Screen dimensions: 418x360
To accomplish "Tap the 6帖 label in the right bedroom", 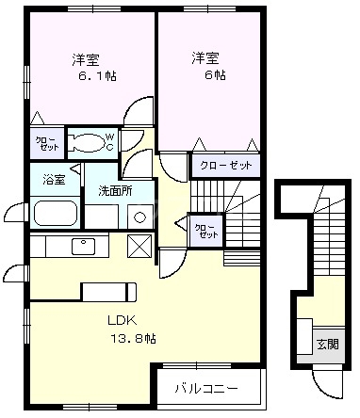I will (x=209, y=74).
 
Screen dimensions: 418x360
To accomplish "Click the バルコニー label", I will (x=205, y=387).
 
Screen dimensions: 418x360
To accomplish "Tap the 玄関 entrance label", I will (x=326, y=344).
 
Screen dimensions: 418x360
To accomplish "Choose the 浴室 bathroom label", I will (x=52, y=179).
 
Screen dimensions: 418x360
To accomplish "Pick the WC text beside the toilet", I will (x=109, y=142).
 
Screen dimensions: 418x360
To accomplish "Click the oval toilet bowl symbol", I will (x=88, y=143).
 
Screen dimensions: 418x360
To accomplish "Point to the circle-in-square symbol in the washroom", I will (x=139, y=216).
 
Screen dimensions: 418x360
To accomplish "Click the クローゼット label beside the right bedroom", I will (x=226, y=166).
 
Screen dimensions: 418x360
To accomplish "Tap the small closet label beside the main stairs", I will (x=204, y=231).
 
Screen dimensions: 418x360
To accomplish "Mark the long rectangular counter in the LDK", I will (x=109, y=289).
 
